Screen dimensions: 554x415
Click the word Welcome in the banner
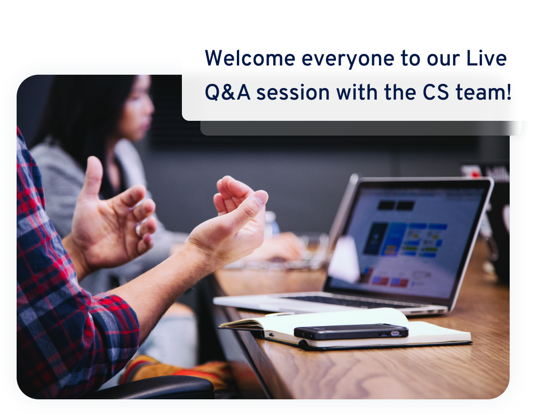(x=250, y=59)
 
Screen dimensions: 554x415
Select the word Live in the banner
(x=486, y=59)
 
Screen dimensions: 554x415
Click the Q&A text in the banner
(x=228, y=93)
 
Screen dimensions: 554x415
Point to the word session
(x=293, y=93)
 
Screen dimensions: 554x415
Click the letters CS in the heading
(x=436, y=93)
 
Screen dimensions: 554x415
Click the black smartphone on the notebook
(x=351, y=332)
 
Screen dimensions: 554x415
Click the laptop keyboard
(x=353, y=302)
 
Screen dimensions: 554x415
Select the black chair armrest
(x=157, y=387)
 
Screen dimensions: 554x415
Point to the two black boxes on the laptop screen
(x=396, y=205)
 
